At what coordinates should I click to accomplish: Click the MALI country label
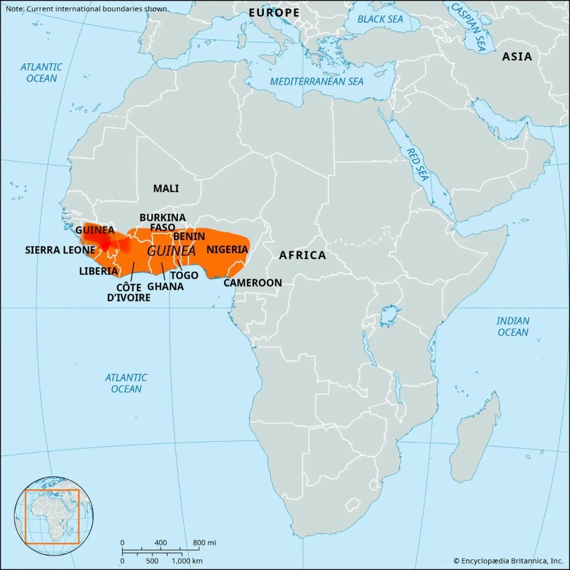(x=166, y=189)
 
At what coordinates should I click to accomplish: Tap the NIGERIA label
(x=227, y=249)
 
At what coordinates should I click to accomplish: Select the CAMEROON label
(x=252, y=283)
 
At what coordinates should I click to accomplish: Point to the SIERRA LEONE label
(x=60, y=250)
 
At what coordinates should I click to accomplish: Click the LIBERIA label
(x=98, y=271)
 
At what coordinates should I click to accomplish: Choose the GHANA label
(x=165, y=286)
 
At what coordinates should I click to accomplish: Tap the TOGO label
(x=184, y=275)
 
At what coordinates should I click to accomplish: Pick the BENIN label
(x=189, y=236)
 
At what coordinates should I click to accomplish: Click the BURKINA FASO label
(x=162, y=222)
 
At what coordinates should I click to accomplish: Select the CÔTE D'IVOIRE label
(x=128, y=293)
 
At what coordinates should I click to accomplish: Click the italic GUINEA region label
(x=171, y=251)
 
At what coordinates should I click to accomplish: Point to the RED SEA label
(x=417, y=164)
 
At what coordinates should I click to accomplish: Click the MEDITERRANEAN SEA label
(x=316, y=82)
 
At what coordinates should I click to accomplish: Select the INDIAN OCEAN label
(x=513, y=326)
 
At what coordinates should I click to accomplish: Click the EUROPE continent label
(x=274, y=13)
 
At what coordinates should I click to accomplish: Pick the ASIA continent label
(x=517, y=57)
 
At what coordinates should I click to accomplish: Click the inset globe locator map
(x=53, y=517)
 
